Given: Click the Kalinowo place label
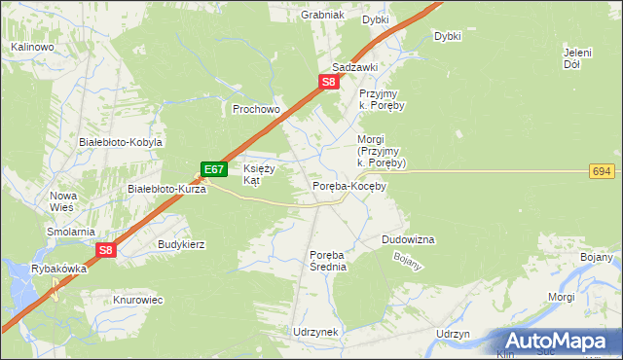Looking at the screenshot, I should tap(31, 47).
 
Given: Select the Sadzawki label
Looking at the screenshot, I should tap(353, 67).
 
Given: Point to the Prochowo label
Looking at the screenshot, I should tap(256, 110).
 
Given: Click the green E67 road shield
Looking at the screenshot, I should tap(214, 169).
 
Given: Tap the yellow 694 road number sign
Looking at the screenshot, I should tap(602, 171).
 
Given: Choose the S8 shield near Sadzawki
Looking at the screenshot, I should tap(330, 83).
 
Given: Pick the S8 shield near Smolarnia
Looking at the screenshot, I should tap(106, 250).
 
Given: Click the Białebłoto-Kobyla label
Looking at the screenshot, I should tap(120, 142).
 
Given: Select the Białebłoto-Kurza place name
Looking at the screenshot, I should tap(167, 190).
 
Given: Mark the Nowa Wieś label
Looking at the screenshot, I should tap(63, 201).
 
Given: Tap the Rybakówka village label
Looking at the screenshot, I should tap(58, 270).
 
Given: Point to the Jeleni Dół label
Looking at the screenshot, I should tap(578, 58).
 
